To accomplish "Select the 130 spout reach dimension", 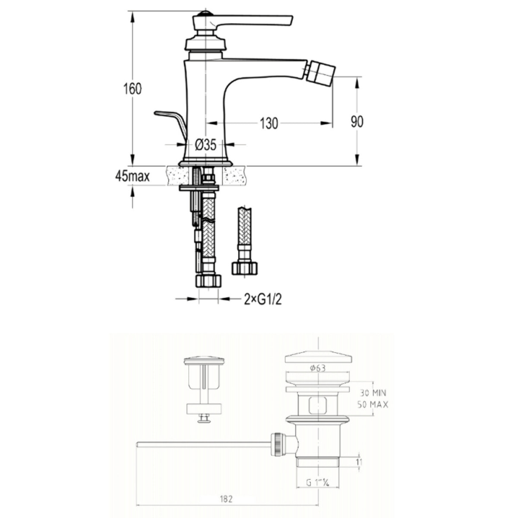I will click(268, 123).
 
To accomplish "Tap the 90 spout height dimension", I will click(357, 122).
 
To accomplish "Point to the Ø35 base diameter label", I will click(205, 145).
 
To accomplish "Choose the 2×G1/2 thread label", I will click(263, 299).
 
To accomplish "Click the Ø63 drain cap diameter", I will click(317, 368).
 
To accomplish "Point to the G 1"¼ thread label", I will click(317, 483).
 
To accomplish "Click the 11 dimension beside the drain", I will click(359, 462).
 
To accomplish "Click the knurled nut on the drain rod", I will click(277, 444).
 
